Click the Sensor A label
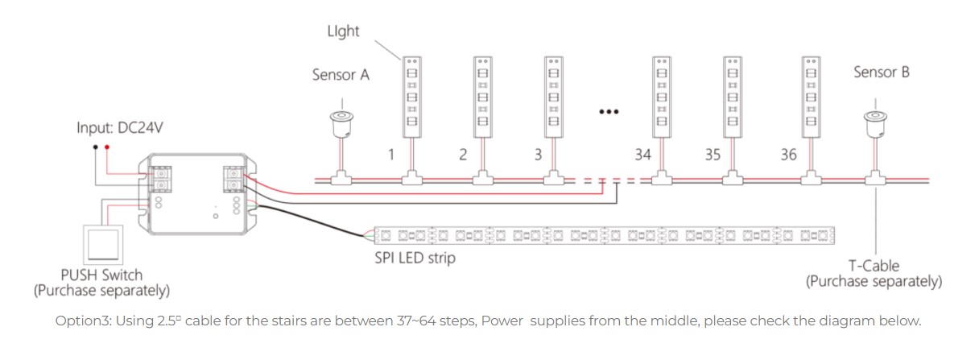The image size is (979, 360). pyautogui.click(x=341, y=75)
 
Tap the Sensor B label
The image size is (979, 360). pyautogui.click(x=881, y=72)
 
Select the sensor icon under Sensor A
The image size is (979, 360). pyautogui.click(x=342, y=121)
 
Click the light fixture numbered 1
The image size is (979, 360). pyautogui.click(x=412, y=95)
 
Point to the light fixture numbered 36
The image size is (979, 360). pyautogui.click(x=812, y=95)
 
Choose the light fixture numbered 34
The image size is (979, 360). pyautogui.click(x=662, y=95)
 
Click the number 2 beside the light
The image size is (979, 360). pyautogui.click(x=463, y=154)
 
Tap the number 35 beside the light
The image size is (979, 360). pyautogui.click(x=712, y=154)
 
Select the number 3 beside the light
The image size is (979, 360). pyautogui.click(x=535, y=154)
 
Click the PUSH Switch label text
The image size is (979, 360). pyautogui.click(x=101, y=275)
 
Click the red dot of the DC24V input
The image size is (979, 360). pyautogui.click(x=107, y=147)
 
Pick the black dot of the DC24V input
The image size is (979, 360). pyautogui.click(x=96, y=147)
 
